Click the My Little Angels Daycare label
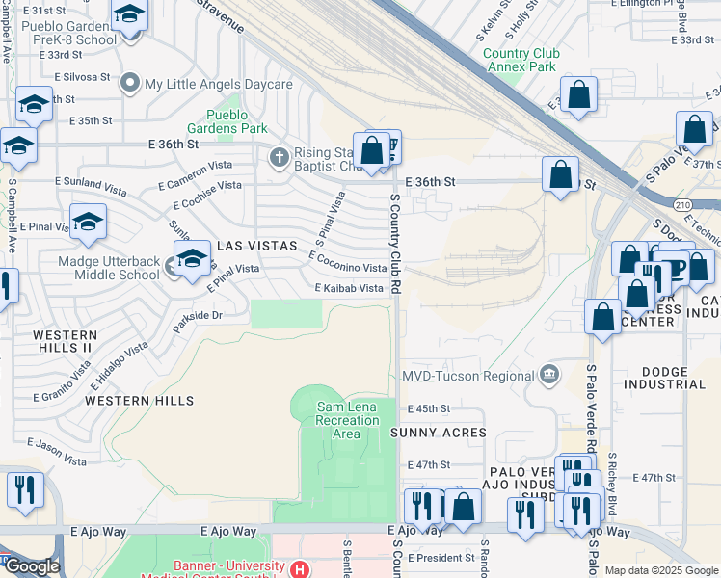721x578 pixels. [x=218, y=85]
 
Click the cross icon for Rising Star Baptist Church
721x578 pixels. [x=280, y=156]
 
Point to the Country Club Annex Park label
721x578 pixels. [x=520, y=61]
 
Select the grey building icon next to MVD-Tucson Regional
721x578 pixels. [x=548, y=374]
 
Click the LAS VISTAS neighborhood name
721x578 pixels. [x=256, y=246]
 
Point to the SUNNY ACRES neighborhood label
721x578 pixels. [x=438, y=433]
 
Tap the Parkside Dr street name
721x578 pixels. [x=198, y=315]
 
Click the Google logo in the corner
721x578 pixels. [x=31, y=566]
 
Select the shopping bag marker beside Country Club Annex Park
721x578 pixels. [x=579, y=96]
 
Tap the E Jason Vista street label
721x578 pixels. [x=57, y=450]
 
